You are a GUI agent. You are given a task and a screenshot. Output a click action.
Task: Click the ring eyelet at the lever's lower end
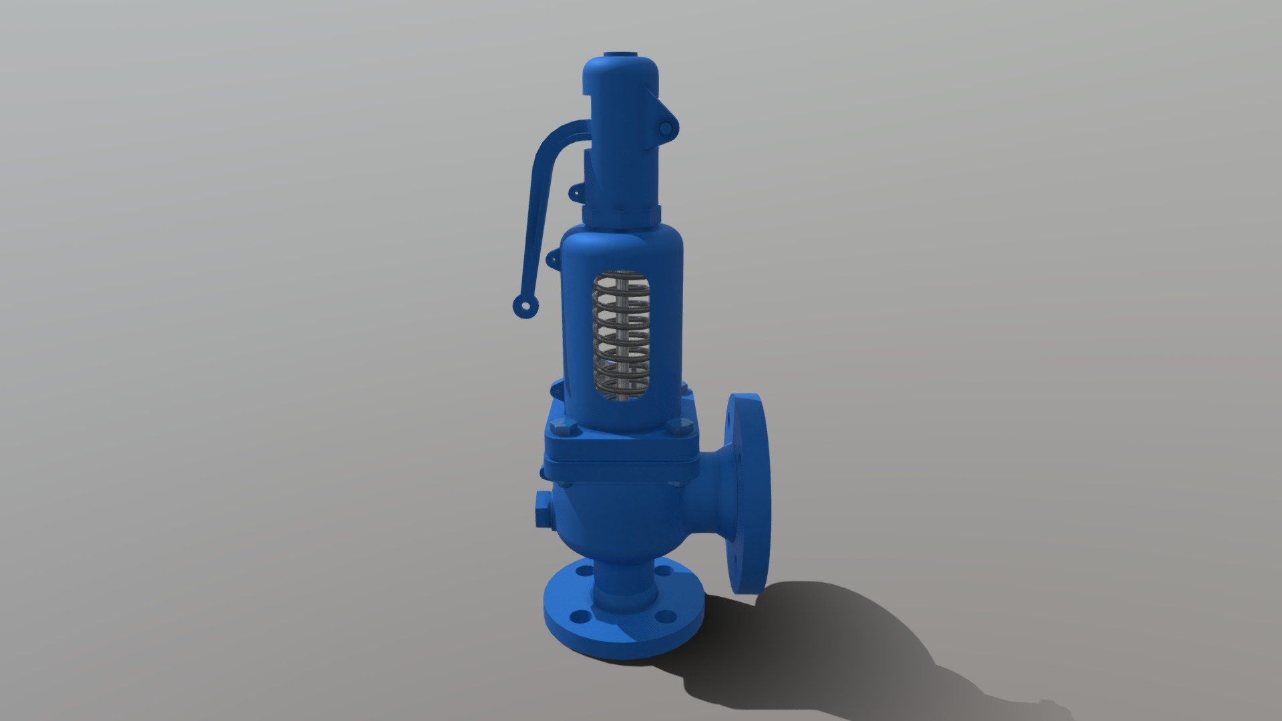pyautogui.click(x=525, y=306)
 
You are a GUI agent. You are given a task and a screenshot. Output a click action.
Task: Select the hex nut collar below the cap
pyautogui.click(x=621, y=215)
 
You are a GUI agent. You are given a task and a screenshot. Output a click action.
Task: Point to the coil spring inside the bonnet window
pyautogui.click(x=621, y=337)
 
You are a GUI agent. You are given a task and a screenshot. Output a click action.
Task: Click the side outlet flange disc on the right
pyautogui.click(x=748, y=494)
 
